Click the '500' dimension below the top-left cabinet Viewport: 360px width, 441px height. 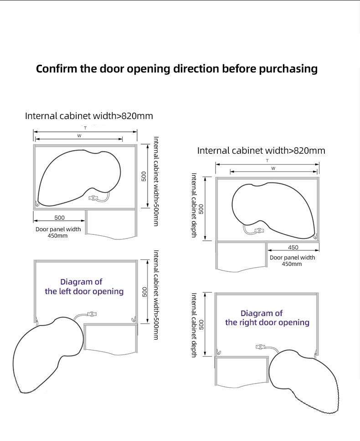click(x=59, y=218)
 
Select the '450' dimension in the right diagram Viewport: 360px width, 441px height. click(x=293, y=248)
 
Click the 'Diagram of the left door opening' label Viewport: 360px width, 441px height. click(x=84, y=286)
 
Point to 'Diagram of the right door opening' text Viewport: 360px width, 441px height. click(x=267, y=318)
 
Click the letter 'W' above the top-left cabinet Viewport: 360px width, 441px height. click(x=79, y=136)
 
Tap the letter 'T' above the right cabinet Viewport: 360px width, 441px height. click(x=267, y=161)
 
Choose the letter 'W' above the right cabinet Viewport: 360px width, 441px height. click(x=273, y=168)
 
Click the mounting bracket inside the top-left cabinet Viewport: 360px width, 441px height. click(x=94, y=198)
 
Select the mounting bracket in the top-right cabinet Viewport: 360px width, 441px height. click(x=259, y=231)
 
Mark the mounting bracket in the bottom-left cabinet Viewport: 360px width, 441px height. click(x=93, y=314)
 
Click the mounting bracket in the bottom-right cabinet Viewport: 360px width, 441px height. click(x=260, y=347)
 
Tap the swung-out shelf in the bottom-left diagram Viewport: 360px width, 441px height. click(x=46, y=356)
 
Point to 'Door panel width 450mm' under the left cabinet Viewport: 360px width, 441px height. click(x=58, y=232)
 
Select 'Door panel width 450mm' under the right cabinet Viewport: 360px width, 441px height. click(x=292, y=260)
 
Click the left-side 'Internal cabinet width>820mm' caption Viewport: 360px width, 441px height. click(x=89, y=116)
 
